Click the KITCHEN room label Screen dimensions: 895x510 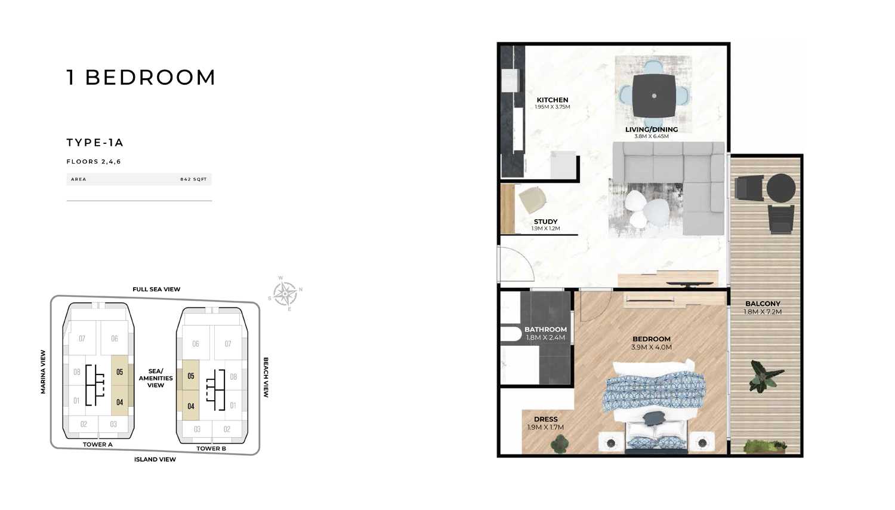552,100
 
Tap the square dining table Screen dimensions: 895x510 654,96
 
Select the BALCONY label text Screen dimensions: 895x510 763,303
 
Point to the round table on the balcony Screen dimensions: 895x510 781,188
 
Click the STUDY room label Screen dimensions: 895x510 546,222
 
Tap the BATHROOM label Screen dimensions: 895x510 546,330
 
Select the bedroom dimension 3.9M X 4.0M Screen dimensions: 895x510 652,347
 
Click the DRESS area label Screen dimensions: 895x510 546,419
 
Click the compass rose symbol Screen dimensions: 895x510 285,294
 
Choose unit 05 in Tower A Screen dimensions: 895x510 120,372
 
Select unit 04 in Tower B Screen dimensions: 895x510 190,406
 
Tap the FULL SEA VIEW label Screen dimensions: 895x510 156,289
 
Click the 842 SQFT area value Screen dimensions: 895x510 193,179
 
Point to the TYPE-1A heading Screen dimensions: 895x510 95,142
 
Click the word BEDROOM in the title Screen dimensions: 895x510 150,77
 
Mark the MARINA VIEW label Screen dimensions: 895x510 43,372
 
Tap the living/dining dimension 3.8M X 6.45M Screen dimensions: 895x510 652,136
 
